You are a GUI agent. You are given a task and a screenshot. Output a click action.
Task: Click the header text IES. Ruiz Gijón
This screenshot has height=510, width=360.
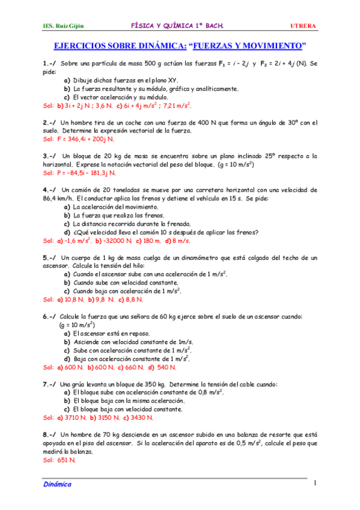click(64, 26)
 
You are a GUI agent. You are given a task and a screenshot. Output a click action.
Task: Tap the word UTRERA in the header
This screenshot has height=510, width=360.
click(304, 26)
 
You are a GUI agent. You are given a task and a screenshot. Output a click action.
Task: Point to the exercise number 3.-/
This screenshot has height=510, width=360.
click(49, 156)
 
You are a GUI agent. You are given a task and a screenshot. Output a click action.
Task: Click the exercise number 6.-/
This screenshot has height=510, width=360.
click(49, 316)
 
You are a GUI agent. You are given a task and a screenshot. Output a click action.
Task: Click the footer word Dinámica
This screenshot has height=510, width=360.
click(57, 484)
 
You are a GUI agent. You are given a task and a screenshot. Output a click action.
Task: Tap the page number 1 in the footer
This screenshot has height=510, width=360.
click(314, 483)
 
